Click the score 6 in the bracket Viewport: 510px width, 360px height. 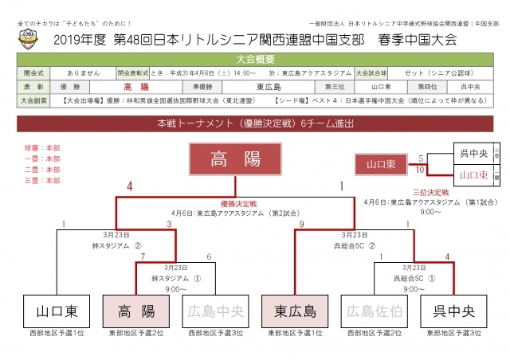pyautogui.click(x=209, y=256)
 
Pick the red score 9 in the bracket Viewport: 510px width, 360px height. pyautogui.click(x=302, y=225)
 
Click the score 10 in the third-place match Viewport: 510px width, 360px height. pyautogui.click(x=419, y=170)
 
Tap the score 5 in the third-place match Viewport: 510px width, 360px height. pyautogui.click(x=419, y=158)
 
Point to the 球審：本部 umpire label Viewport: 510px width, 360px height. pyautogui.click(x=42, y=148)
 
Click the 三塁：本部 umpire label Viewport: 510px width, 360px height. pyautogui.click(x=42, y=181)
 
